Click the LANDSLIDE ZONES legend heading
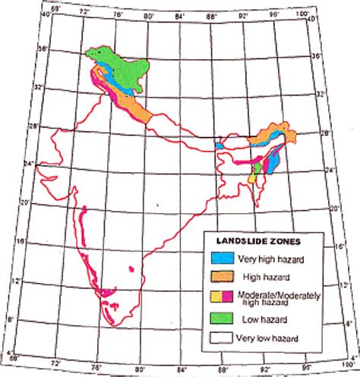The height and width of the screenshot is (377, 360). click(259, 240)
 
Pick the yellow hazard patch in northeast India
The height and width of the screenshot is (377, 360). click(254, 178)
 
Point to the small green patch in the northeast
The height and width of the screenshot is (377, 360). click(260, 165)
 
